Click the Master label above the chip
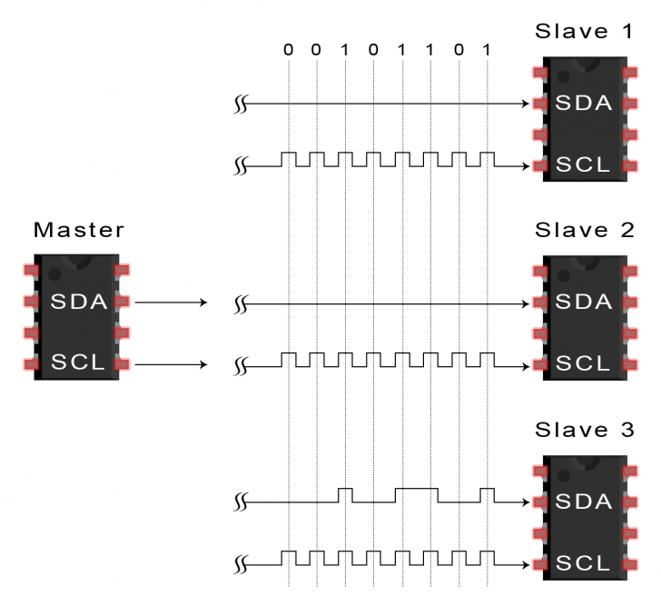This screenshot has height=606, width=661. click(x=78, y=230)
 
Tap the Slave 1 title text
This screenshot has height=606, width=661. click(x=583, y=31)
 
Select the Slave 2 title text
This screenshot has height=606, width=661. click(x=583, y=230)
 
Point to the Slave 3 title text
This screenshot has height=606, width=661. click(x=583, y=429)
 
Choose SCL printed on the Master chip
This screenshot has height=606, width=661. click(x=78, y=363)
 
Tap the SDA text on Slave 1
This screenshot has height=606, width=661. click(x=584, y=104)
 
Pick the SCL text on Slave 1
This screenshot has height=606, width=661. click(x=584, y=165)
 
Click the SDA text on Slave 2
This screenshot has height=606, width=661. click(x=584, y=302)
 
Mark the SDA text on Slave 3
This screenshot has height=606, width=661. click(x=584, y=501)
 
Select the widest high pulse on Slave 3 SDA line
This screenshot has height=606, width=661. click(x=416, y=489)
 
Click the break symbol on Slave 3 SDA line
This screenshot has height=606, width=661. click(x=242, y=502)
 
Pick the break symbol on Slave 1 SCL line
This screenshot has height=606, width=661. click(x=242, y=167)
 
